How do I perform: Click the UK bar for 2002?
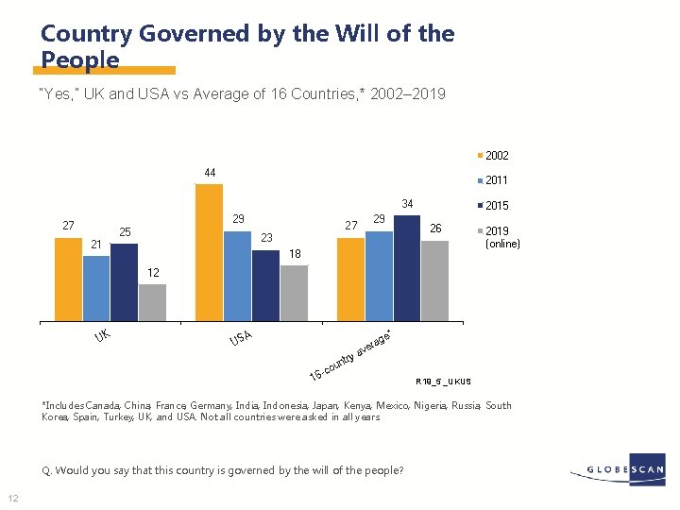68,280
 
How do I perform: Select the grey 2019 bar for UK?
152,303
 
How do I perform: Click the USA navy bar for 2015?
265,286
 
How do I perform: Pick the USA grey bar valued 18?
294,294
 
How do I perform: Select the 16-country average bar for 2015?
407,269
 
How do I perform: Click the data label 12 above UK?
153,273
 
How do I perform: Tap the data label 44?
210,172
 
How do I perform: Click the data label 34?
408,204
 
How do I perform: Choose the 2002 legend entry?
496,155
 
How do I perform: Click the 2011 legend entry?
496,179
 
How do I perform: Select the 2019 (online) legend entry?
496,236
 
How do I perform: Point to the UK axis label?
102,335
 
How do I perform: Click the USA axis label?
240,335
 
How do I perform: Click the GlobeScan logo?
619,469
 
